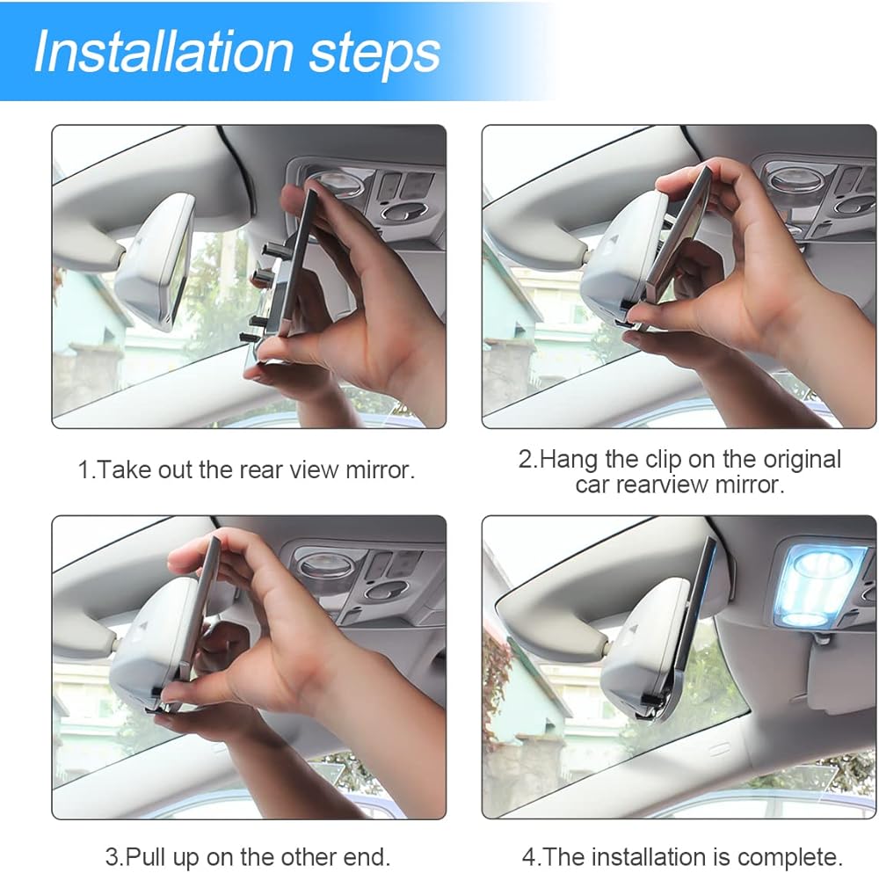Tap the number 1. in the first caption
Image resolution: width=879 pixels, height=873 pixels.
(x=86, y=469)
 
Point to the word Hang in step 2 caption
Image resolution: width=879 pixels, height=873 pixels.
(x=569, y=459)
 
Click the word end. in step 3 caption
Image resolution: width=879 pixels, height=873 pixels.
(x=367, y=857)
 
